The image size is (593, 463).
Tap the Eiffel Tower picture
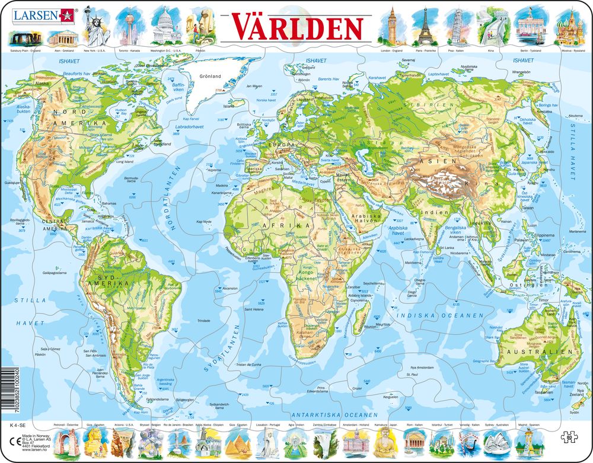tap(423, 27)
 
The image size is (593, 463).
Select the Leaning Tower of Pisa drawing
tap(455, 27)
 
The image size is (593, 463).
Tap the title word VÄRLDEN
tap(297, 27)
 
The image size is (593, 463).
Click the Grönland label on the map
tap(210, 76)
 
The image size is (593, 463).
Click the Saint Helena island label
tap(253, 309)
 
